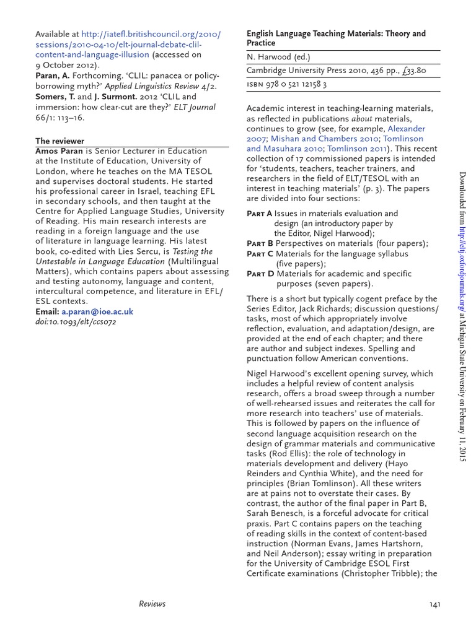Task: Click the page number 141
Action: pyautogui.click(x=434, y=604)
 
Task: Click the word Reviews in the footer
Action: pyautogui.click(x=152, y=604)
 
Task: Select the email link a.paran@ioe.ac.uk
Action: pyautogui.click(x=97, y=312)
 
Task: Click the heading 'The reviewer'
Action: pyautogui.click(x=59, y=141)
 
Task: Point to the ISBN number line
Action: pyautogui.click(x=287, y=84)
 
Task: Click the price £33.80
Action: pyautogui.click(x=412, y=71)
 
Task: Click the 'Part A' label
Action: pyautogui.click(x=259, y=214)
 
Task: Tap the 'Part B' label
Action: pyautogui.click(x=259, y=243)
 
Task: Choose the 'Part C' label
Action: pyautogui.click(x=260, y=253)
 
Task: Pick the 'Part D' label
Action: pyautogui.click(x=260, y=274)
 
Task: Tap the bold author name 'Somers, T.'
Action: pyautogui.click(x=55, y=97)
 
